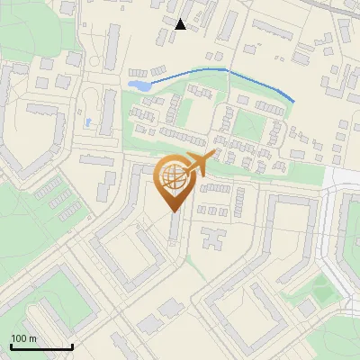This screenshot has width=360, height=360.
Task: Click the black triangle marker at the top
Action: point(180,24)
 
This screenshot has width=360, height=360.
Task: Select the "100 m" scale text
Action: point(24,338)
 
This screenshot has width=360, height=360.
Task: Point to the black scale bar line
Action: point(41,346)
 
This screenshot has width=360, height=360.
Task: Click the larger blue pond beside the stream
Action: point(139,85)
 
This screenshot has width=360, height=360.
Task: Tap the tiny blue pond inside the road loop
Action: point(87,121)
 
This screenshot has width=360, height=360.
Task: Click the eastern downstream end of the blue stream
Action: point(293,100)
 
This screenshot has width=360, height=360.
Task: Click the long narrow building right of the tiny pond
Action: point(112,117)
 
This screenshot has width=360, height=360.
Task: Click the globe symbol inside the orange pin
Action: point(173,177)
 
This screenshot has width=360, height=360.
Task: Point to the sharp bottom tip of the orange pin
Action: point(175,211)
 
